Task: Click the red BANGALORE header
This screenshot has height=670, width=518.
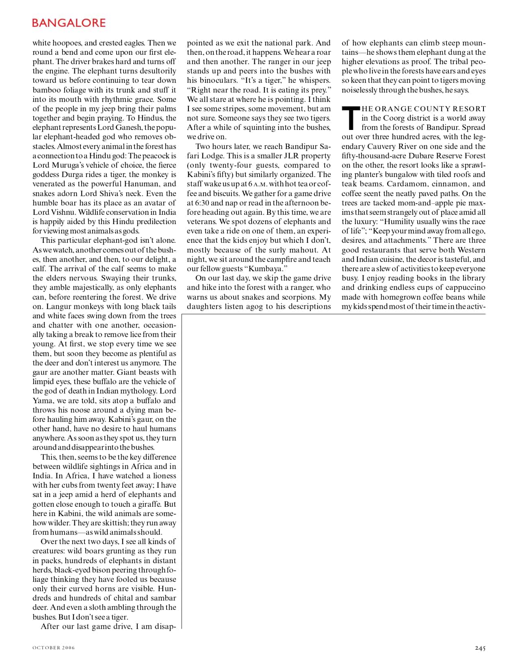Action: tap(69, 23)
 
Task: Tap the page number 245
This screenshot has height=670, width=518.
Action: tap(480, 648)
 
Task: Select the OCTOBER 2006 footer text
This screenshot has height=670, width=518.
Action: tap(54, 648)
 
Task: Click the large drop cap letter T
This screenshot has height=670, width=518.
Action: tap(351, 118)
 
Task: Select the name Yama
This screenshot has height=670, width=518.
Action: tap(43, 400)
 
